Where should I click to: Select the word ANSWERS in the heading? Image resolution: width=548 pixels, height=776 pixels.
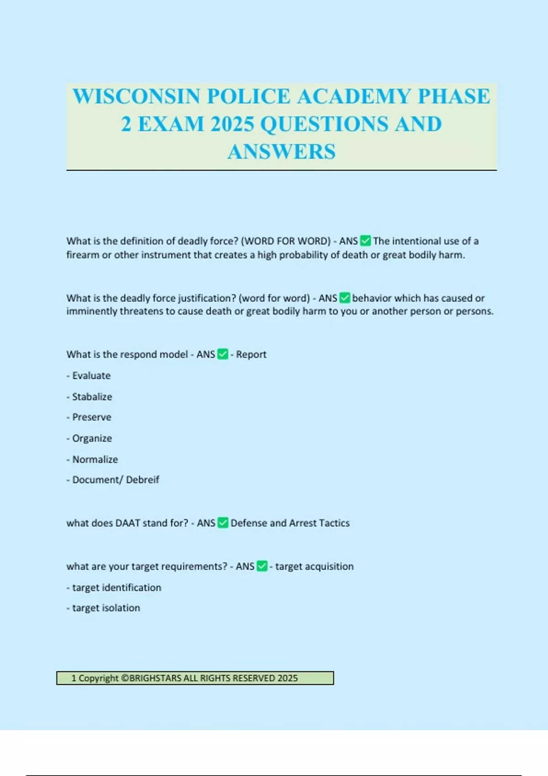281,152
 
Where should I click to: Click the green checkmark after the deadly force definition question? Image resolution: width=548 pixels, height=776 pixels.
365,241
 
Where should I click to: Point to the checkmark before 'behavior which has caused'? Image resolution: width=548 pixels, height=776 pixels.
345,298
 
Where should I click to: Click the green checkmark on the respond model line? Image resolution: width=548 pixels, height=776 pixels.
222,354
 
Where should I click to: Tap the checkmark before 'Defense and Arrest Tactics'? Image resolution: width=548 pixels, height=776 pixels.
223,523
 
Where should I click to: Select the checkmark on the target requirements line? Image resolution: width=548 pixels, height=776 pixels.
262,566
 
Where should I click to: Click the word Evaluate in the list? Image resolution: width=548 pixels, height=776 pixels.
91,376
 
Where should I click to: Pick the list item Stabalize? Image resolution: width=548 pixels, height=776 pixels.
92,397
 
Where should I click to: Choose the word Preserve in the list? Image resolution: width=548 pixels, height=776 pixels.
91,417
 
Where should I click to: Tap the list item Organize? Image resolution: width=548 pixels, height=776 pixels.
92,438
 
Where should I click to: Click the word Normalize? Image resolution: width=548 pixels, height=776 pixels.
95,459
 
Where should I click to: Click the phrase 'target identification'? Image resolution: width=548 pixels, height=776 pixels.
116,587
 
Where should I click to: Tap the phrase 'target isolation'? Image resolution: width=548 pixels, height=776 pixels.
106,608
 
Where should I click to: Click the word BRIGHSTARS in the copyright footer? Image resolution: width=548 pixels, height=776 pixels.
155,678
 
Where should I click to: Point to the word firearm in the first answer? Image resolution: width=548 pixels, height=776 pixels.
83,255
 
